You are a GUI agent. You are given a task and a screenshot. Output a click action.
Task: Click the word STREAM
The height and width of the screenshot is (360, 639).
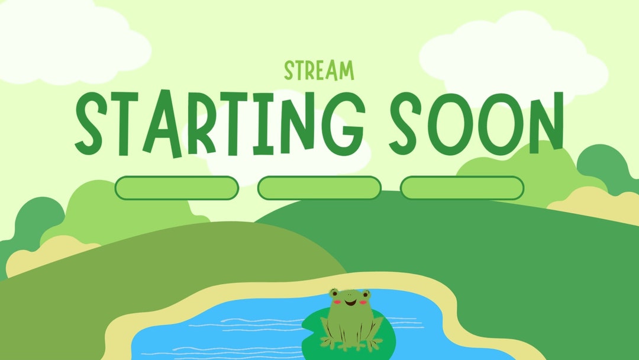pos(319,70)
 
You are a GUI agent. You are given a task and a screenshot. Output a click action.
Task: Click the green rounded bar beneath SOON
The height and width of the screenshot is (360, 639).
pos(462,188)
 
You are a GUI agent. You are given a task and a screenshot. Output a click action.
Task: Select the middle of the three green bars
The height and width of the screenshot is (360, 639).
pos(319,188)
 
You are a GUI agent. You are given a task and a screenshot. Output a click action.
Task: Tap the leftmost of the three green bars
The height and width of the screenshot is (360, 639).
pos(176,188)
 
